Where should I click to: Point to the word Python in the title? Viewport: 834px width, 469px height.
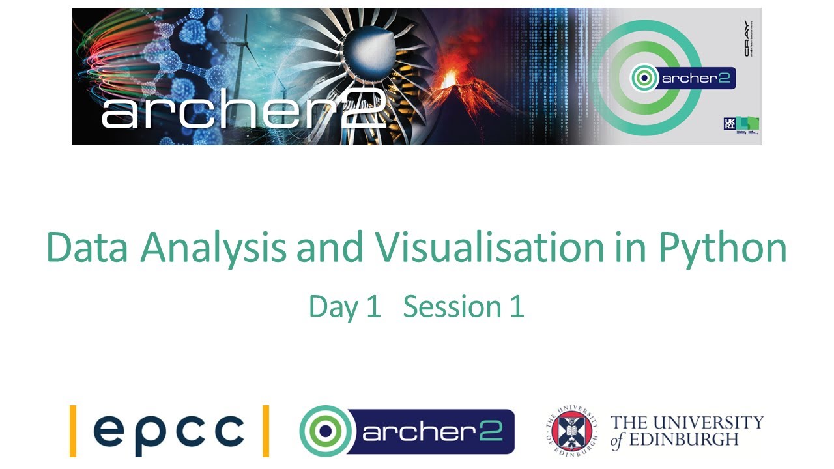[722, 249]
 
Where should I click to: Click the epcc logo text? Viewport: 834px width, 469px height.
[169, 430]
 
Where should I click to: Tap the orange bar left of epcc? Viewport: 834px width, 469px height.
[73, 430]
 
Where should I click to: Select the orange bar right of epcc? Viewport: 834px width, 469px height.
[265, 430]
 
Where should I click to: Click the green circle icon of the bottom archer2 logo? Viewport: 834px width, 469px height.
[324, 431]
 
